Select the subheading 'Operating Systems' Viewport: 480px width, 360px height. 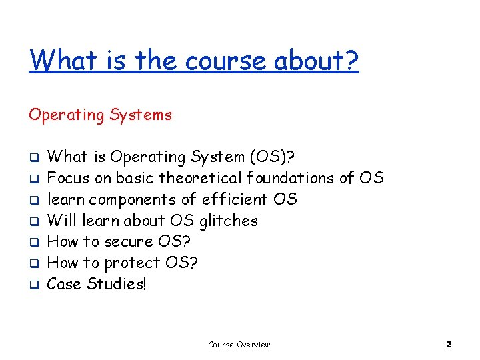(100, 115)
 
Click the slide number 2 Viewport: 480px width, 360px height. (449, 345)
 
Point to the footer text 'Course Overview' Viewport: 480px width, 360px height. (239, 345)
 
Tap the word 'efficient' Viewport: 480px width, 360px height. (236, 199)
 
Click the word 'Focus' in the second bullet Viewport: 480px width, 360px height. (67, 179)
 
